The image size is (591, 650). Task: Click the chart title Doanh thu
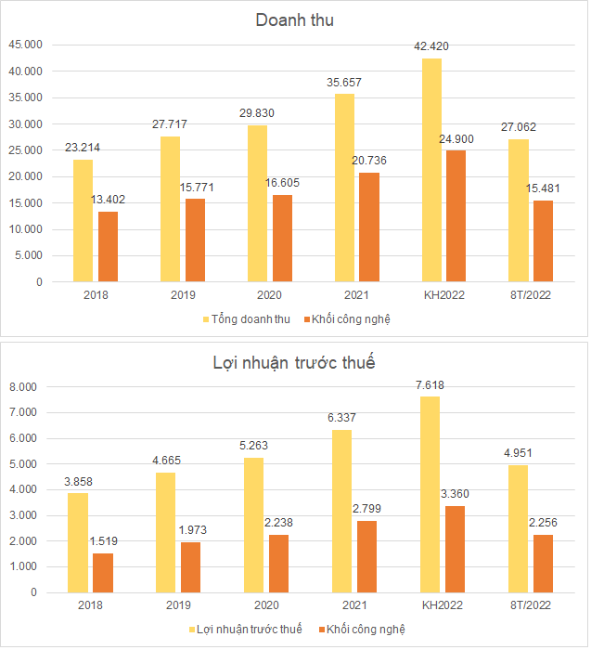[294, 19]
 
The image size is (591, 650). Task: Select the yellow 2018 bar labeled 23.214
[83, 220]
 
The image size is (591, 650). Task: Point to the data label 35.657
[344, 83]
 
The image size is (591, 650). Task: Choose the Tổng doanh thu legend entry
[246, 319]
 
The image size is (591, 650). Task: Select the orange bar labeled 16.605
[282, 238]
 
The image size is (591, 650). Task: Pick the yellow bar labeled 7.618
[430, 494]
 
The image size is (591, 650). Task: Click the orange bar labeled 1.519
[102, 572]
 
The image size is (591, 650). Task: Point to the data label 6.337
[344, 418]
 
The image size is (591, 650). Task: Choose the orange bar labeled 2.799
[368, 555]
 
